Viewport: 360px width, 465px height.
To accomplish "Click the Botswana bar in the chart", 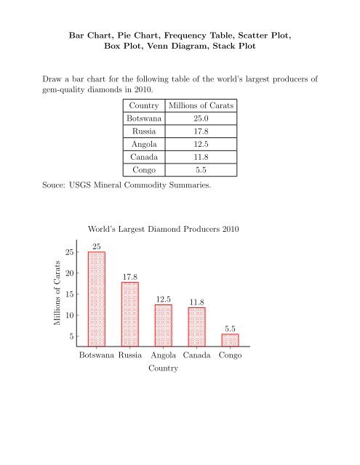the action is [x=97, y=298].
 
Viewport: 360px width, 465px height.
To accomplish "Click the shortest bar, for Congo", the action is [x=230, y=339].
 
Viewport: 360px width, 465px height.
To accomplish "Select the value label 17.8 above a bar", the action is [x=130, y=276].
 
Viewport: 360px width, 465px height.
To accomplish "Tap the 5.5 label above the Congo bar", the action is [x=230, y=328].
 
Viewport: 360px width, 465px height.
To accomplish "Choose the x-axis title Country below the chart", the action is [x=163, y=370].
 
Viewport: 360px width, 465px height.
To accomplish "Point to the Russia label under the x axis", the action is [x=130, y=357].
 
